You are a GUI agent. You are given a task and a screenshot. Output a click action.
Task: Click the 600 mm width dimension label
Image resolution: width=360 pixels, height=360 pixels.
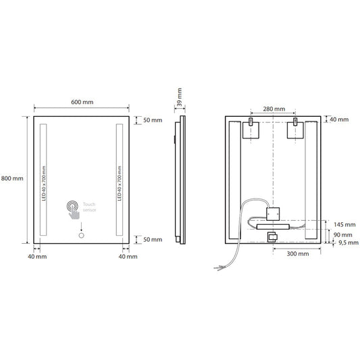(x=82, y=102)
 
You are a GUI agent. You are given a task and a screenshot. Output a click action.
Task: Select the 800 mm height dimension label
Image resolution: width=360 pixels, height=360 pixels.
(x=13, y=178)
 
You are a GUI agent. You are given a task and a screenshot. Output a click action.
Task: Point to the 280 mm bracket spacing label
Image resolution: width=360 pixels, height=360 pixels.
(x=274, y=108)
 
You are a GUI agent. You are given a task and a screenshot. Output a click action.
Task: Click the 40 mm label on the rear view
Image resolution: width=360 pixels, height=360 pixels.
(x=339, y=120)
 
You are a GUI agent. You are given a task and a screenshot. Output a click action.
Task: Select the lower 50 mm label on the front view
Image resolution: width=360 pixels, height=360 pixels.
(x=153, y=239)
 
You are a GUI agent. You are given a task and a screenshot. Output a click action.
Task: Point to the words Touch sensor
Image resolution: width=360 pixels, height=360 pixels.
(x=91, y=207)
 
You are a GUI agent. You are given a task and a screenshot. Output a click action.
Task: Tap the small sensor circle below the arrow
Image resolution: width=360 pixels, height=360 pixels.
(x=82, y=238)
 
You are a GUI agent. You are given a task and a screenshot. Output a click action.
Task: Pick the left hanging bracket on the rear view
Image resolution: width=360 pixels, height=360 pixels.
(x=251, y=128)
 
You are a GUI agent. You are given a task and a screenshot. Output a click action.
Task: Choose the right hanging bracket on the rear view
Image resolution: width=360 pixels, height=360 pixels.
(x=296, y=128)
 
